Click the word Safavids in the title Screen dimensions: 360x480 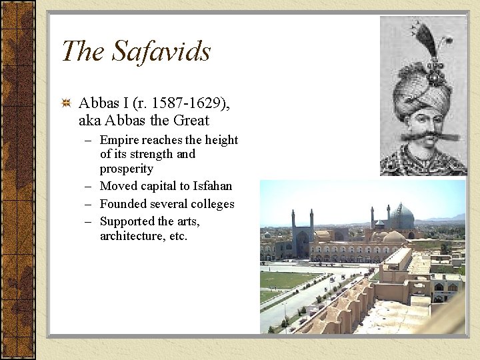(x=161, y=51)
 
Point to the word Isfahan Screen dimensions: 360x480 (x=213, y=186)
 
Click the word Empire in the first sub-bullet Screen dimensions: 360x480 (x=120, y=140)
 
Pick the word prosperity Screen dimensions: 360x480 (x=127, y=169)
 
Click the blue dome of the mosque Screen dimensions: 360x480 (x=401, y=217)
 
